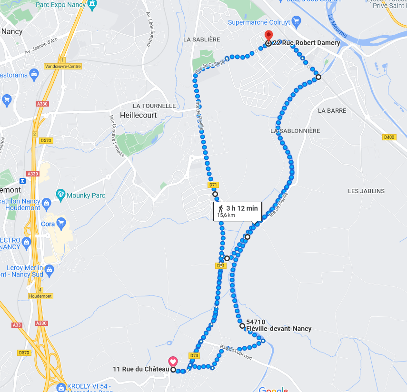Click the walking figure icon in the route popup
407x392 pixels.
tap(221, 208)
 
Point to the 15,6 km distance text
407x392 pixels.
tap(226, 215)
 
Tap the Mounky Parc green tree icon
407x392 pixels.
tap(60, 194)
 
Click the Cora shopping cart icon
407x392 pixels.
tap(60, 223)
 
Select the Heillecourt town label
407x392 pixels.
tap(139, 115)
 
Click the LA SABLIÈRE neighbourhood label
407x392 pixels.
tap(202, 39)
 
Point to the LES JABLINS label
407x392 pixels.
tap(366, 191)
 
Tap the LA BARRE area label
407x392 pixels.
tap(332, 110)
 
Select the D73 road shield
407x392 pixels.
tap(194, 355)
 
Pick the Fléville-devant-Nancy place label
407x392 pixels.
tap(279, 329)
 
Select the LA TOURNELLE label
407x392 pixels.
tap(154, 106)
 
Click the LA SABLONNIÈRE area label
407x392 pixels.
tap(295, 130)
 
